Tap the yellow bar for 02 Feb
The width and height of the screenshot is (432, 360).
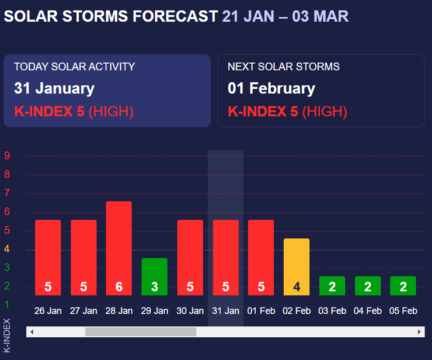297,266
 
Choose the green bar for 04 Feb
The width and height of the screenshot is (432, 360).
367,285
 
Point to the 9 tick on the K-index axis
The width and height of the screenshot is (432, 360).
7,156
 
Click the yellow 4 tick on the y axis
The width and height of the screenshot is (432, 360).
7,249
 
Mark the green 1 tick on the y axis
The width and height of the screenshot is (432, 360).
7,304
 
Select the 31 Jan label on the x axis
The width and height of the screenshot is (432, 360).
225,311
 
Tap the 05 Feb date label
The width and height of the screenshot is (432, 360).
403,311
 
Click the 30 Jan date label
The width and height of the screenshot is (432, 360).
190,311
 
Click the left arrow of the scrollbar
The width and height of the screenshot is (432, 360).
32,332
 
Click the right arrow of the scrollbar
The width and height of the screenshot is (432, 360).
419,332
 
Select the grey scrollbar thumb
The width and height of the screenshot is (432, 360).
141,332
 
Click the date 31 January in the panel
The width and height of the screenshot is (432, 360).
54,89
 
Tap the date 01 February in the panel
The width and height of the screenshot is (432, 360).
271,89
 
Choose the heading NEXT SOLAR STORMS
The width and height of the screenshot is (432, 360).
284,67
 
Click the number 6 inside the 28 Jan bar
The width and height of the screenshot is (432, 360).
119,287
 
